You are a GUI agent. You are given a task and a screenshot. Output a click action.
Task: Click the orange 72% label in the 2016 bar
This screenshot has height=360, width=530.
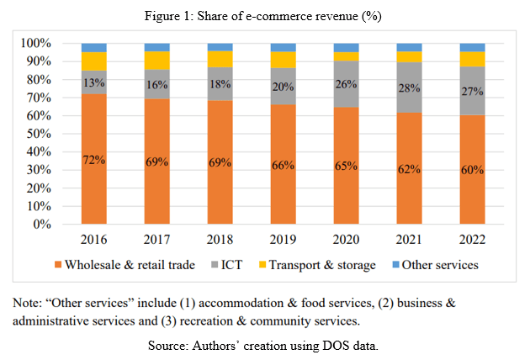click(94, 160)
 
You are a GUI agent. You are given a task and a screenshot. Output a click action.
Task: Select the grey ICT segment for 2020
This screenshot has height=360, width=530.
click(347, 84)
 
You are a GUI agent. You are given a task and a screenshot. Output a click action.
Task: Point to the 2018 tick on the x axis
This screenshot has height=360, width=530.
click(220, 238)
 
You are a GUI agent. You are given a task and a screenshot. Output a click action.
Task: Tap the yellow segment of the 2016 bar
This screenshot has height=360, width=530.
click(94, 61)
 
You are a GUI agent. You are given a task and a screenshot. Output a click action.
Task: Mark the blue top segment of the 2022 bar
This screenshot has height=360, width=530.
click(473, 47)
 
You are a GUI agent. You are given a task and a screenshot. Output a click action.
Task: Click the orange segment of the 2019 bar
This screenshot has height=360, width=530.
click(284, 164)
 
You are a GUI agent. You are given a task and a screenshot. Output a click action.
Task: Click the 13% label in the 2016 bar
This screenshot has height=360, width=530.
click(94, 82)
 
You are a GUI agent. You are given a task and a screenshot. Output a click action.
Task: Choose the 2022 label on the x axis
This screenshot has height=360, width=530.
click(473, 238)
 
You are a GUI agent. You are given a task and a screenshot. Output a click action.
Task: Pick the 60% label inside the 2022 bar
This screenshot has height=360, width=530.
click(473, 170)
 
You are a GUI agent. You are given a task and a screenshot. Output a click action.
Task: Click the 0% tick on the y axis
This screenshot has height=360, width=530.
click(44, 225)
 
